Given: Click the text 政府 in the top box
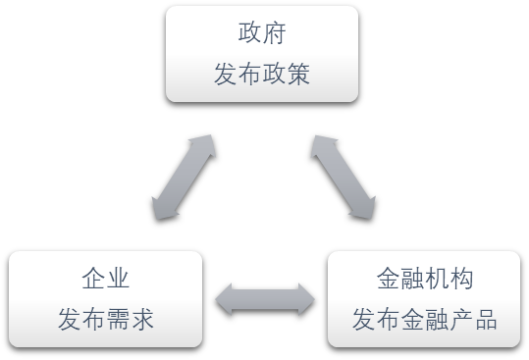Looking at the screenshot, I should tap(262, 32).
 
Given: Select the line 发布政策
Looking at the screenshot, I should tap(262, 75).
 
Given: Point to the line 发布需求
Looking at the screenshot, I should tap(106, 321).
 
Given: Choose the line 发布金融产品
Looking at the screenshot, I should tap(425, 321).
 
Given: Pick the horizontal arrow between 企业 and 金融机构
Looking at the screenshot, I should tap(265, 299).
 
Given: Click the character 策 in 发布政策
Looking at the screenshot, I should tap(298, 75).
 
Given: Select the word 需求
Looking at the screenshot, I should tap(131, 321).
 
